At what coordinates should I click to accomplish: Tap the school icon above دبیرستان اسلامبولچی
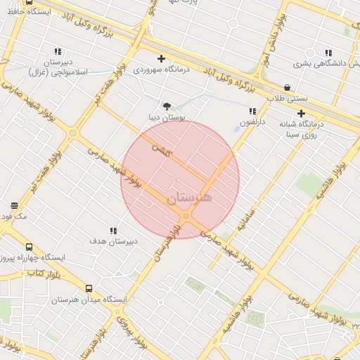pos(57,51)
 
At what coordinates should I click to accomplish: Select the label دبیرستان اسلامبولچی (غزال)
pos(57,67)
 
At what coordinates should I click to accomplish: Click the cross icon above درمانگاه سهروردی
pos(161,59)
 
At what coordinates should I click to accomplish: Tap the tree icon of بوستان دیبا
pos(166,106)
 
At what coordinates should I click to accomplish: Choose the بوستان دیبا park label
pos(165,117)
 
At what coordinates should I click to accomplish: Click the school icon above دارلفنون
pos(252,111)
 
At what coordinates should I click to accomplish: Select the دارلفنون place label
pos(252,122)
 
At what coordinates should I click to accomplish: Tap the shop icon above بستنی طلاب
pos(287,88)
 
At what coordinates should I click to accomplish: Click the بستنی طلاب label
pos(288,98)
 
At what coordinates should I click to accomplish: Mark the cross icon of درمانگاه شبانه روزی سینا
pos(301,113)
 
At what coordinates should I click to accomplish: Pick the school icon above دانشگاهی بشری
pos(328,52)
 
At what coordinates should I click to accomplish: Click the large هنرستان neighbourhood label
pos(189,198)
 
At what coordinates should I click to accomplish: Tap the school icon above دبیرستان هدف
pos(112,231)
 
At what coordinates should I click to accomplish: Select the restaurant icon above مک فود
pos(14,206)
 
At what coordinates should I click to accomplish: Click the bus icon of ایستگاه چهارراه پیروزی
pos(29,247)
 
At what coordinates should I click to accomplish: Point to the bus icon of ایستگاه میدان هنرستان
pos(89,288)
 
